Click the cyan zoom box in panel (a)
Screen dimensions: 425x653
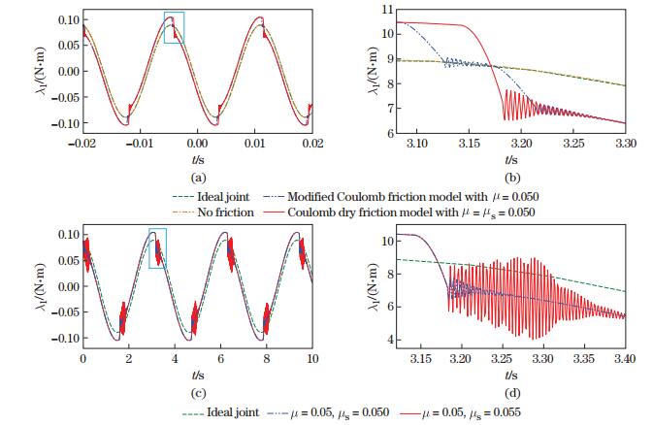pos(174,28)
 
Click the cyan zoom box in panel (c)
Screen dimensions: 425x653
pos(158,248)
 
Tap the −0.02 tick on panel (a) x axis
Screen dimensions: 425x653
pos(84,143)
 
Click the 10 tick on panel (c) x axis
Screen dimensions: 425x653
pos(312,358)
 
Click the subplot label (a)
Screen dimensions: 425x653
pos(198,178)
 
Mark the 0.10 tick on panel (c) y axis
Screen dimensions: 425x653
pos(64,235)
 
